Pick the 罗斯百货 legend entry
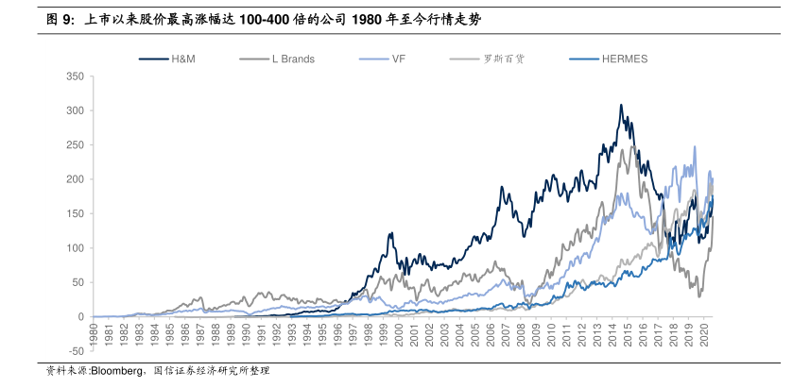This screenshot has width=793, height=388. tap(504, 59)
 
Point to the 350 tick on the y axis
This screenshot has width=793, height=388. tap(76, 76)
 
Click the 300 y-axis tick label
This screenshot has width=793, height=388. tap(76, 110)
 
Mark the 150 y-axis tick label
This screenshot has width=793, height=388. tap(76, 214)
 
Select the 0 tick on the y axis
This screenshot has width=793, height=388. tap(81, 317)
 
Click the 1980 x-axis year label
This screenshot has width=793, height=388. tap(95, 334)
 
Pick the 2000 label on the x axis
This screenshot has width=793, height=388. tap(401, 334)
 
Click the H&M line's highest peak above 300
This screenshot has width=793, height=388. tap(621, 105)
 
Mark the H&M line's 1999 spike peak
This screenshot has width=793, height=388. tap(388, 233)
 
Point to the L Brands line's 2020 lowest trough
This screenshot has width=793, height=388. tap(700, 297)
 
